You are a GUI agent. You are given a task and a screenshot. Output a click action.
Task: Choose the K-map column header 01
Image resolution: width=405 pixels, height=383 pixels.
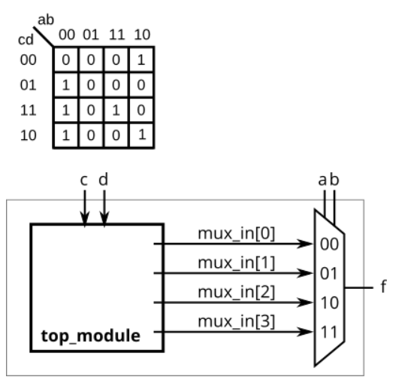pyautogui.click(x=92, y=35)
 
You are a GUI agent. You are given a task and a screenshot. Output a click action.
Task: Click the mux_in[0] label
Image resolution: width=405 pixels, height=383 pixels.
pyautogui.click(x=236, y=233)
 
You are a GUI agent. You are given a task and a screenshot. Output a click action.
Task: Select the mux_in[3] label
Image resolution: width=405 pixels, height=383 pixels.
pyautogui.click(x=236, y=322)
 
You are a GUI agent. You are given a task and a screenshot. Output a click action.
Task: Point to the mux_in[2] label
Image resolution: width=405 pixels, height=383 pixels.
pyautogui.click(x=236, y=293)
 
